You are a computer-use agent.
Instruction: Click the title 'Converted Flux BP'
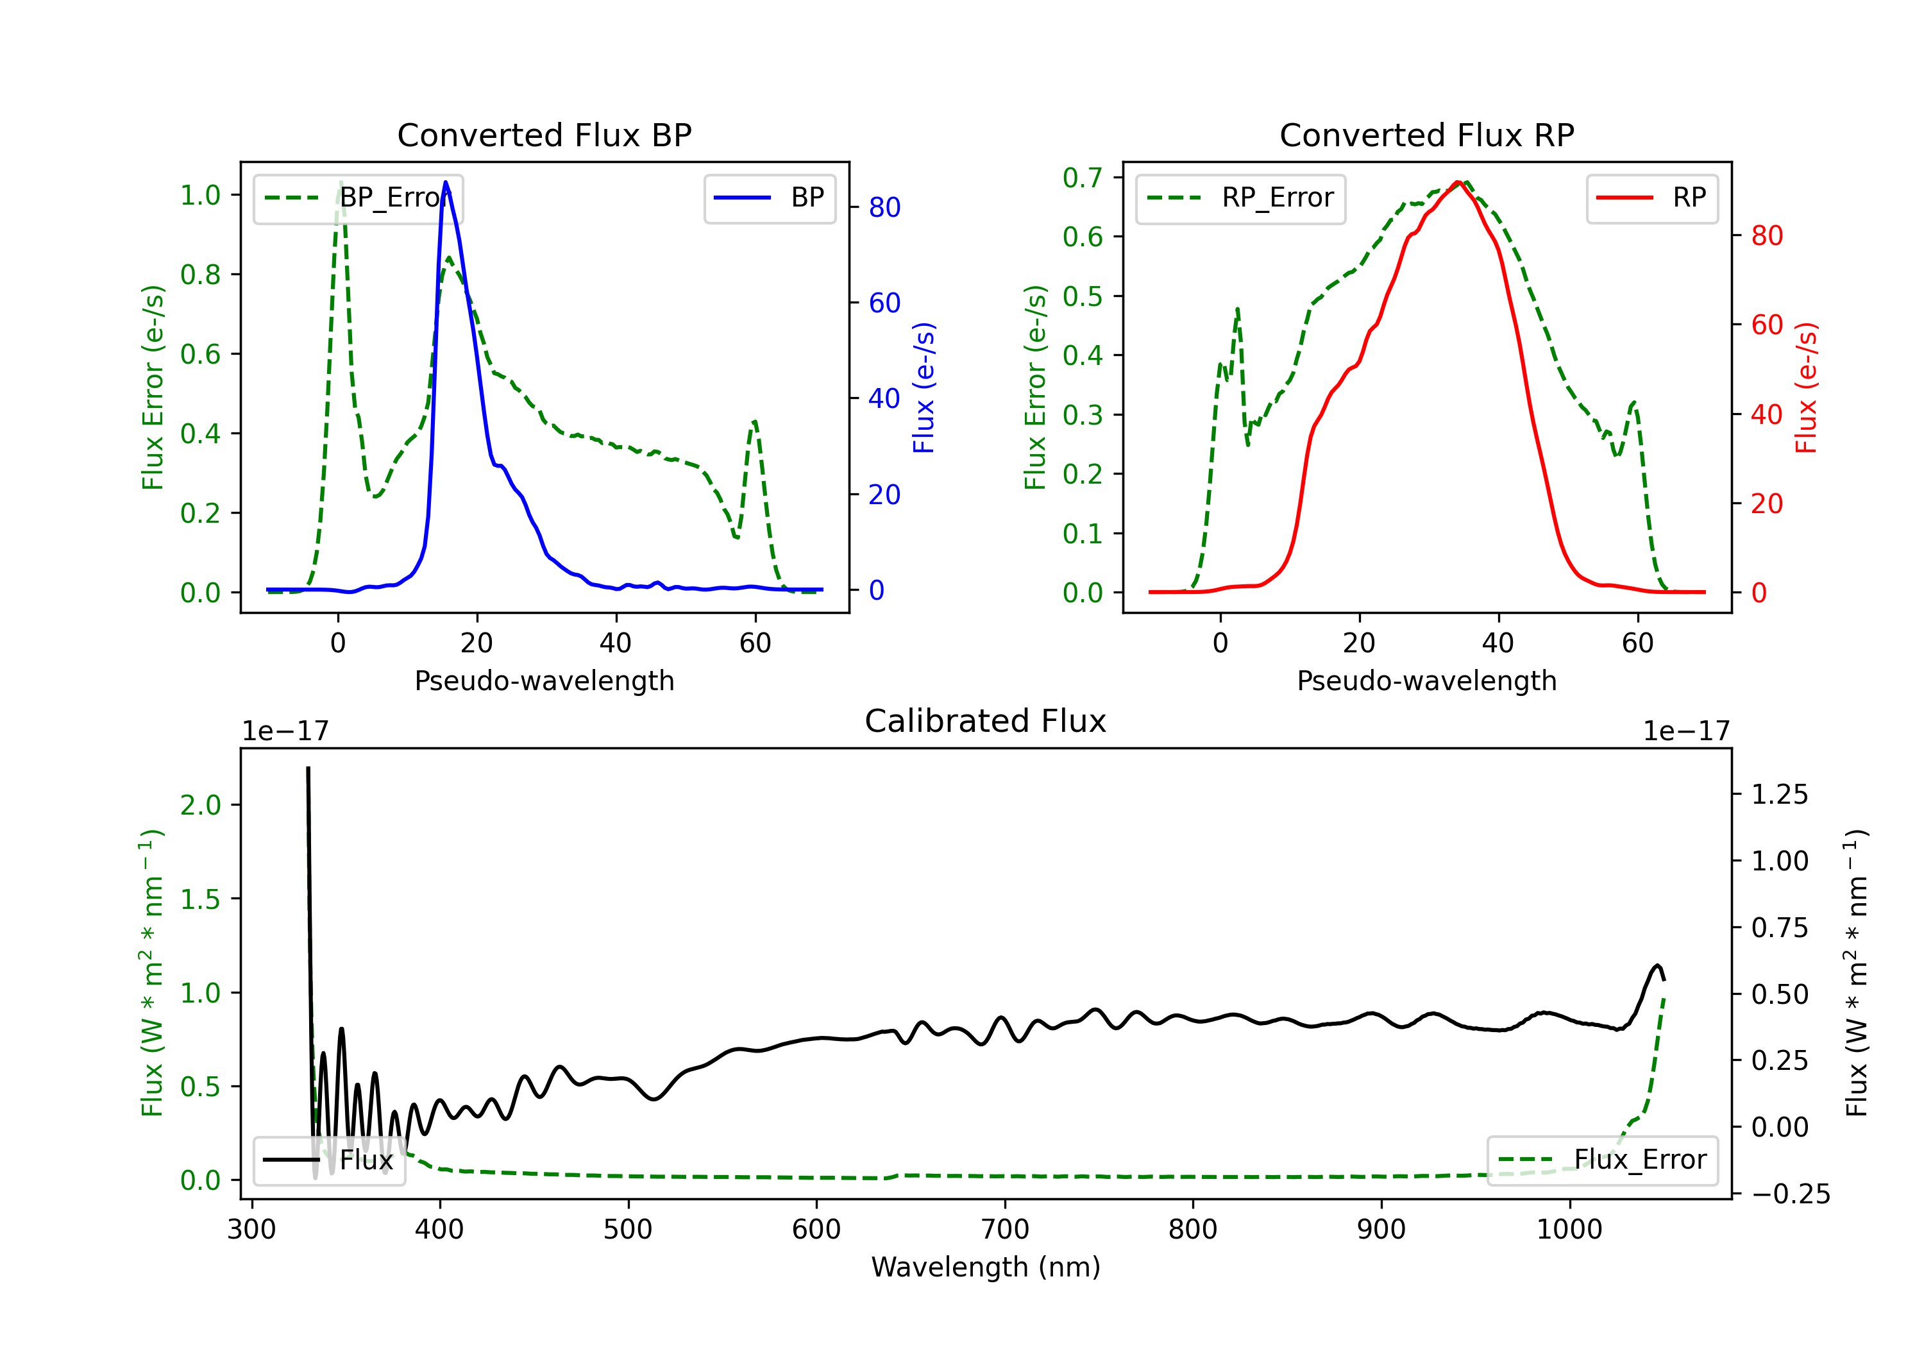tap(544, 135)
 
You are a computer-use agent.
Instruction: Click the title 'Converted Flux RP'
tap(1426, 135)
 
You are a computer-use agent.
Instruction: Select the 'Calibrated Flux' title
tap(986, 721)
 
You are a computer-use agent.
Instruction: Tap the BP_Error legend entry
tap(358, 199)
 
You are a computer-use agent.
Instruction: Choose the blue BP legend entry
tap(770, 199)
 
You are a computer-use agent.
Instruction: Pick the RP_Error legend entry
tap(1240, 199)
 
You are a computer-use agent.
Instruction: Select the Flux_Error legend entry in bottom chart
tap(1602, 1160)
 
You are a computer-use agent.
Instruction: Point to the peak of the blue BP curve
tap(446, 182)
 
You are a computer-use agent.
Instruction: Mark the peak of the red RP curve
tap(1459, 182)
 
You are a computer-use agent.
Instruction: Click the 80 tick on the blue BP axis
tap(884, 207)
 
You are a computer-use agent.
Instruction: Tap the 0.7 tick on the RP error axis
tap(1082, 178)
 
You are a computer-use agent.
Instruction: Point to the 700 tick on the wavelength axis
tap(1005, 1230)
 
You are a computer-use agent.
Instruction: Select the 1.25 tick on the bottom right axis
tap(1779, 795)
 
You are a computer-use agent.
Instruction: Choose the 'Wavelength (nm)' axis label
tap(986, 1267)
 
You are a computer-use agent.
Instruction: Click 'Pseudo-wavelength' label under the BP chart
tap(544, 681)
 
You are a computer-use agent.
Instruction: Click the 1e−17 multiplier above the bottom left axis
tap(285, 732)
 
